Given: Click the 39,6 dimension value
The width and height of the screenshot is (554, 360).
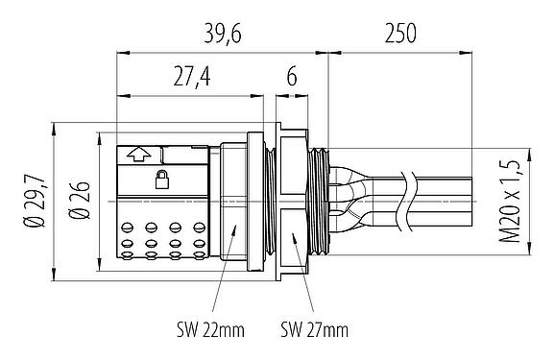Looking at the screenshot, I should (222, 36).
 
